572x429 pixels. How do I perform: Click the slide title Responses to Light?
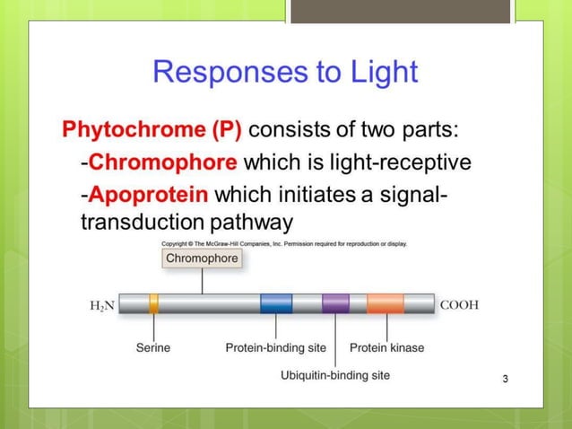[x=285, y=71]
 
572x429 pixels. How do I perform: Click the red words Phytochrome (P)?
[x=152, y=130]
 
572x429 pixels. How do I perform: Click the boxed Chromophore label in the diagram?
[x=202, y=258]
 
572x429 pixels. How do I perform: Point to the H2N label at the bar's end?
[x=102, y=305]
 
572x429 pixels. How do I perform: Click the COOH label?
[x=459, y=305]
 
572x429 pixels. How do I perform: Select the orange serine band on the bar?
[x=154, y=304]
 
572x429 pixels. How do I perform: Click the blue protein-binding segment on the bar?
[x=276, y=304]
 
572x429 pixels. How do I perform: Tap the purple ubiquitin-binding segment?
[x=335, y=304]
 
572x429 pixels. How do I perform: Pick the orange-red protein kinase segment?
[x=385, y=304]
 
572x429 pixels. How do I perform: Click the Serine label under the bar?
[x=153, y=347]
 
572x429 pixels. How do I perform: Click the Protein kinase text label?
[x=386, y=347]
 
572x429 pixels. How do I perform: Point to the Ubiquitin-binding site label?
[x=335, y=375]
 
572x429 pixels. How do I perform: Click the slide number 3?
[x=506, y=379]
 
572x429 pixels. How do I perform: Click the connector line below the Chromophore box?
[x=202, y=281]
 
